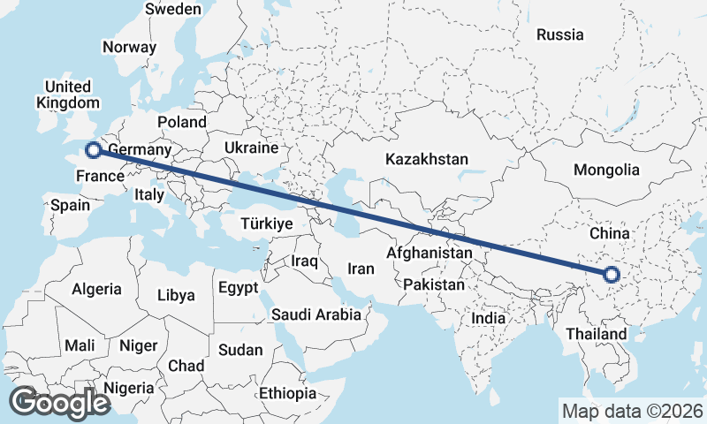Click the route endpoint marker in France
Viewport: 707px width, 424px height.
(x=93, y=150)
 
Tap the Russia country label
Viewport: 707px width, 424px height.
(x=560, y=34)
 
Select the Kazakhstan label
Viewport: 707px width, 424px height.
(x=426, y=159)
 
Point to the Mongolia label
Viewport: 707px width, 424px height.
(x=605, y=170)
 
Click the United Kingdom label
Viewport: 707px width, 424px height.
(x=68, y=95)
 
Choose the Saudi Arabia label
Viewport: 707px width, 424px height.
(x=315, y=314)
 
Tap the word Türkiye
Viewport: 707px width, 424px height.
(x=266, y=224)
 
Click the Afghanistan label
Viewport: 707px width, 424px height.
(x=430, y=253)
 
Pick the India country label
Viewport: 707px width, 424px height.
(x=488, y=318)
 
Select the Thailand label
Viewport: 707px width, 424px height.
(x=597, y=334)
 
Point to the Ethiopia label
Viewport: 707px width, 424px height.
(x=287, y=392)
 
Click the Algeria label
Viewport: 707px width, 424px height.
(x=96, y=289)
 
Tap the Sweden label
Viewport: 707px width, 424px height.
(x=172, y=9)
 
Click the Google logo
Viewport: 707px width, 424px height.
(x=58, y=402)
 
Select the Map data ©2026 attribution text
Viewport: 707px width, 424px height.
(x=632, y=410)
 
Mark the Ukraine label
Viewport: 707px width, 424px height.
(x=251, y=148)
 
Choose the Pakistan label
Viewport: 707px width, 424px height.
(x=433, y=284)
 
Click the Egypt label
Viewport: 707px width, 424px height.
(x=238, y=287)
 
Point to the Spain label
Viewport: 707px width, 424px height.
(x=71, y=205)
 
